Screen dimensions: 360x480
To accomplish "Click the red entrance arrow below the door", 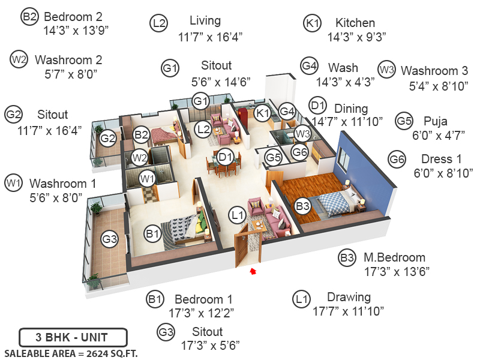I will pos(253,271).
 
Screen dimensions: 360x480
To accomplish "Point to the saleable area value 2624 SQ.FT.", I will pos(71,353).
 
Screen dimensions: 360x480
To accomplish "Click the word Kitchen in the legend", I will pos(355,23).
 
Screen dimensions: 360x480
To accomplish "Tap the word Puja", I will pos(435,121).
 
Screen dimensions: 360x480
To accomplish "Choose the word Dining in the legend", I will pos(351,109).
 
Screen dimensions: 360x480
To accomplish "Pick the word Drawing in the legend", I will pos(349,297).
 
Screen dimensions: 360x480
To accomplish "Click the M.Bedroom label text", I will pos(394,258).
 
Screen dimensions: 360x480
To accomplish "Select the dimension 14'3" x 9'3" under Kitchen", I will pos(356,37).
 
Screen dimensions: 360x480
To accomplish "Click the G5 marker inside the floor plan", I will pos(274,158).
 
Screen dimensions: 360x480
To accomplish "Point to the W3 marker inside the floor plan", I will pos(302,133).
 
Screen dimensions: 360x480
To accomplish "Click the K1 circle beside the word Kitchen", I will pos(313,23).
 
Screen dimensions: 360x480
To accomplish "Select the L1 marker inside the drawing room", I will pos(238,214).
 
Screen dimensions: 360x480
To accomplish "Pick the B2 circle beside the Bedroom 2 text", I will pos(29,16).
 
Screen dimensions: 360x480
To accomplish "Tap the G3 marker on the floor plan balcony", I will pos(109,239).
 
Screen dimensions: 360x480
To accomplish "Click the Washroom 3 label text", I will pos(434,70).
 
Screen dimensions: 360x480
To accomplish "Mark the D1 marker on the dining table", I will pos(226,157).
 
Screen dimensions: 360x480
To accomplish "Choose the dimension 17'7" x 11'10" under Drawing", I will pos(348,311).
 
